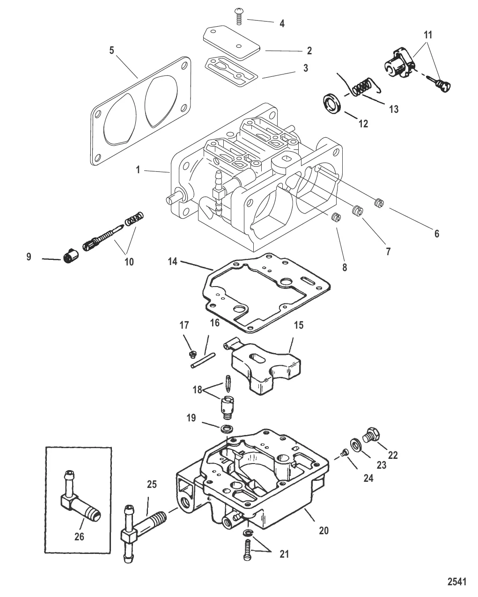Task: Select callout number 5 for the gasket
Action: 111,50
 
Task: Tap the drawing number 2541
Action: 457,582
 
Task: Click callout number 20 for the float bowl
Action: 324,531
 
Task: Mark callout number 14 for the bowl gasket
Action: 173,261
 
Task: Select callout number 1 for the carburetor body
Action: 138,170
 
